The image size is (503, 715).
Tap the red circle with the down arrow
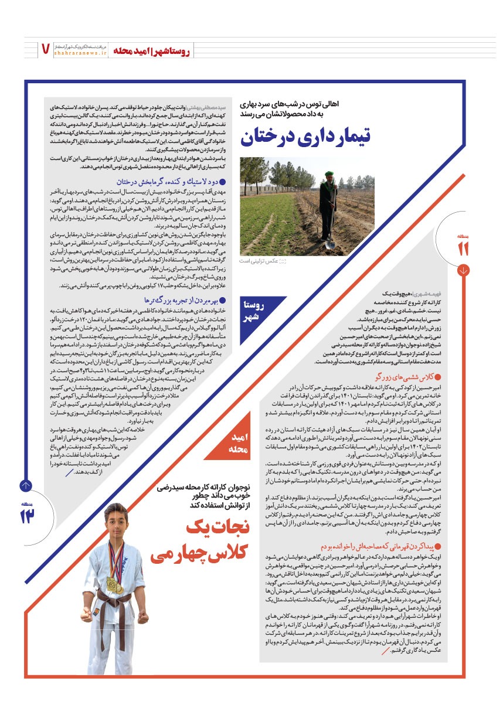tap(464, 270)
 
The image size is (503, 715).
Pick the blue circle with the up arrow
tap(26, 485)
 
